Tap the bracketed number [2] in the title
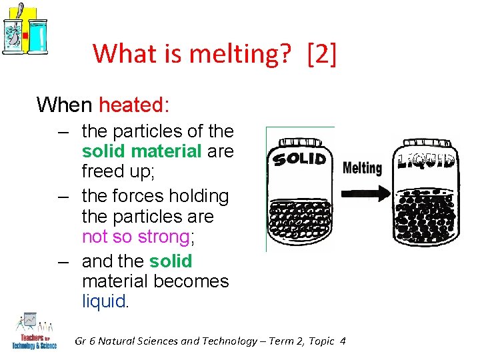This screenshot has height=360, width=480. tap(322, 54)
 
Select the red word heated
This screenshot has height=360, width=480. tap(134, 105)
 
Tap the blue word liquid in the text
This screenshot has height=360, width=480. tap(103, 301)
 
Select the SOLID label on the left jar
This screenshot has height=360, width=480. tap(299, 159)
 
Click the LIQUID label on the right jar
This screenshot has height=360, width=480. tap(426, 161)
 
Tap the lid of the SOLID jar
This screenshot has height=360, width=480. tap(299, 143)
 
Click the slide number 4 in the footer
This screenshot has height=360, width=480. tap(343, 341)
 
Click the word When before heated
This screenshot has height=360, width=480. tap(65, 105)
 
